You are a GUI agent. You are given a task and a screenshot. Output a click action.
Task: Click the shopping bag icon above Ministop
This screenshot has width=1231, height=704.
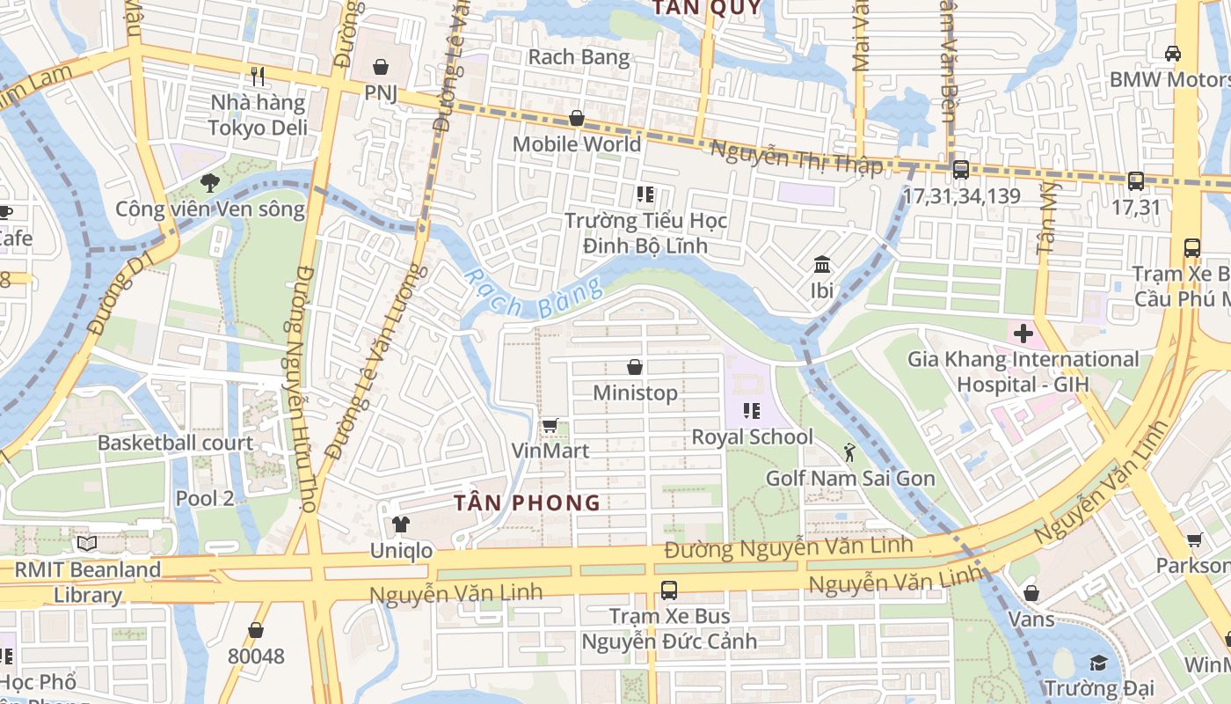(635, 367)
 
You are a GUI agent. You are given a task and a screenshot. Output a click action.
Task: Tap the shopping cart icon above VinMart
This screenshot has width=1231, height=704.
(550, 425)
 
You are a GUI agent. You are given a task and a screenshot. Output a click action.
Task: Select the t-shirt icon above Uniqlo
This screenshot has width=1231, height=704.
(401, 525)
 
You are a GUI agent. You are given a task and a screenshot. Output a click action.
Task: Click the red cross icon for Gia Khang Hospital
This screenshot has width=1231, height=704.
(1023, 334)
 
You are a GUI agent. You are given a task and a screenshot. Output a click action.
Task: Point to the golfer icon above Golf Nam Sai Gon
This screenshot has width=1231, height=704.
(849, 453)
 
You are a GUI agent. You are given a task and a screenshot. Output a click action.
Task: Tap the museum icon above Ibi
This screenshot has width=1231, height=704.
(822, 264)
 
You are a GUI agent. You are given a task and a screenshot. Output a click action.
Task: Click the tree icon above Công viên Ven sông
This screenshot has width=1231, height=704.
(209, 183)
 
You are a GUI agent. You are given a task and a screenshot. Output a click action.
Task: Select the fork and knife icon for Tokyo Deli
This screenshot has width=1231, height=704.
(258, 77)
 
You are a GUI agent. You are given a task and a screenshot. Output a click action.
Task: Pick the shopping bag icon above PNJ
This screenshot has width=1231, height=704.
(381, 67)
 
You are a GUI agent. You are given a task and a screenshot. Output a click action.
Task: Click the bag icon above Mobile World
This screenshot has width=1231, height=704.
(577, 118)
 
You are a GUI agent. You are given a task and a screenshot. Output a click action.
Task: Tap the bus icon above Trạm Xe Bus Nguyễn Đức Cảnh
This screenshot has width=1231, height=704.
(669, 590)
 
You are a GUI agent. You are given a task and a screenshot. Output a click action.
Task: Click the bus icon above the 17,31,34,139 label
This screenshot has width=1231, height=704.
(960, 170)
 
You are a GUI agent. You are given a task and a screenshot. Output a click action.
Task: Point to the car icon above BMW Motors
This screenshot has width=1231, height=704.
(1172, 54)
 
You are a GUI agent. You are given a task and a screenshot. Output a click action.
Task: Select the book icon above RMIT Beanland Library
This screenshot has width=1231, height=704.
(86, 544)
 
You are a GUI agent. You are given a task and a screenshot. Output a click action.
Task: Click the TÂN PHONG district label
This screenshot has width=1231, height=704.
(528, 503)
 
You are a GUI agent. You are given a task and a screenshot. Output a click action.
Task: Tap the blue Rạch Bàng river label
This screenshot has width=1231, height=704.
(533, 295)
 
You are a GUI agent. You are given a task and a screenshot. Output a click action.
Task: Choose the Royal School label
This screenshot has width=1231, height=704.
(752, 437)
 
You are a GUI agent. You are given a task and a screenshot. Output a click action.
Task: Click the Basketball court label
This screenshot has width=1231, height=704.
(175, 443)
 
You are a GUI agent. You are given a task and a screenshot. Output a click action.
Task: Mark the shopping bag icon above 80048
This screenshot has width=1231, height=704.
(256, 630)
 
